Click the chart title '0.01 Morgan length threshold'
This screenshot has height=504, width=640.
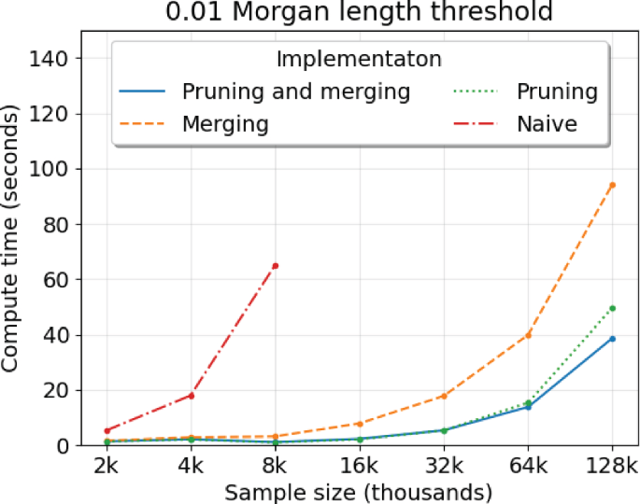(359, 12)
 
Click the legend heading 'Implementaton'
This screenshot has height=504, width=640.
(359, 59)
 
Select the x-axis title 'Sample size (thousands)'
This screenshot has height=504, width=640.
(360, 491)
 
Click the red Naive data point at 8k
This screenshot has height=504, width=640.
(275, 266)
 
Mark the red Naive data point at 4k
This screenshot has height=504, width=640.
(191, 396)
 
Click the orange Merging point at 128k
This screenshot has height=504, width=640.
(612, 185)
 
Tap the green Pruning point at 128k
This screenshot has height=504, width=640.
(612, 308)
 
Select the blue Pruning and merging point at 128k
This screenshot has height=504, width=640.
(612, 339)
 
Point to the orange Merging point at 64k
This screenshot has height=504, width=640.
(528, 335)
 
